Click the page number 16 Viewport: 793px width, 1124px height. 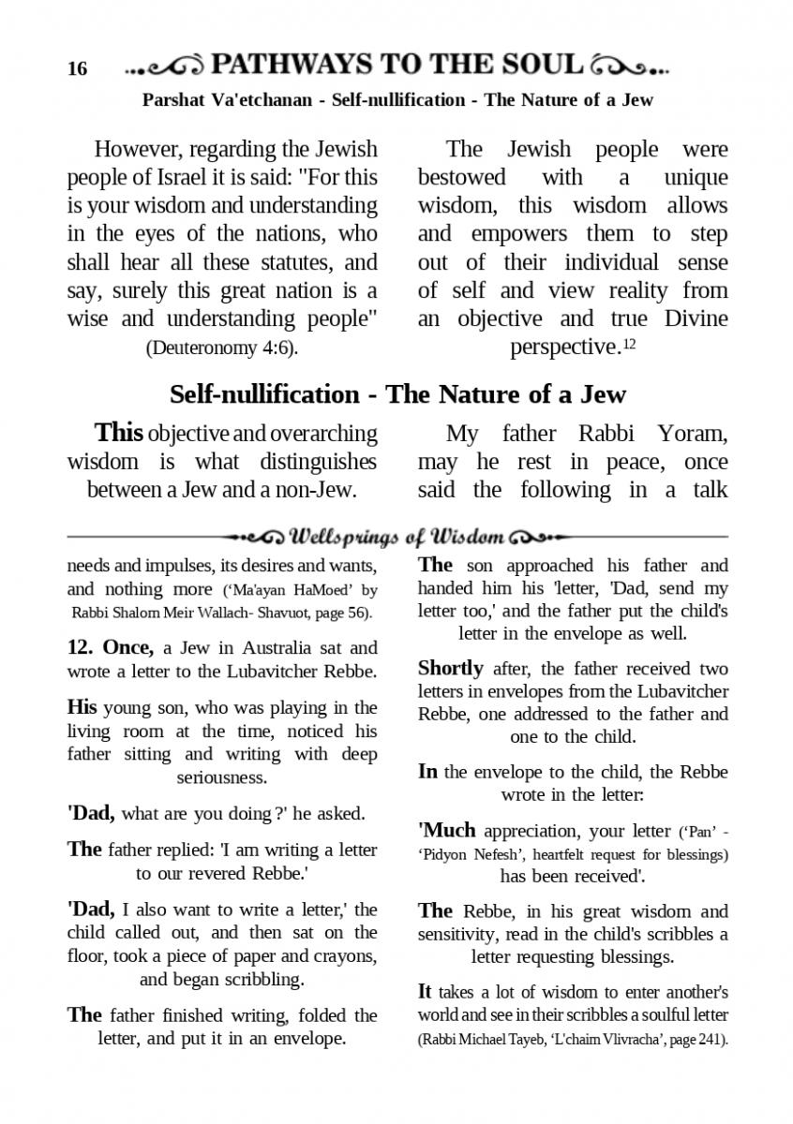click(x=77, y=69)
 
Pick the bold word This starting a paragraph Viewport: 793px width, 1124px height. click(x=119, y=433)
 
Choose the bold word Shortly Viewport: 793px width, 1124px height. click(x=450, y=669)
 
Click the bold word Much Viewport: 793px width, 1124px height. click(x=450, y=830)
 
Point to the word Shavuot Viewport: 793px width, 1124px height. click(x=304, y=613)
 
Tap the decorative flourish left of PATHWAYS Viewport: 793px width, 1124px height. click(x=164, y=67)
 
